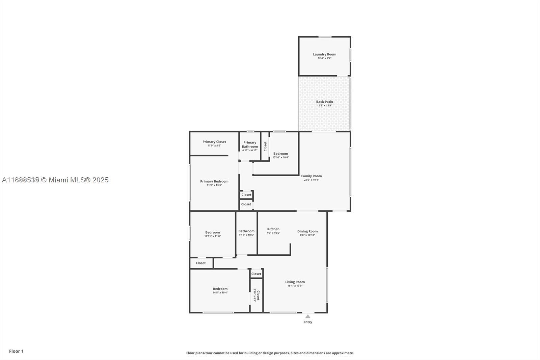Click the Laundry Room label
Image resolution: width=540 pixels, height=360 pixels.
324,54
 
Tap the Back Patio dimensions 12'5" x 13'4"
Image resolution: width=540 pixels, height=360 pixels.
324,105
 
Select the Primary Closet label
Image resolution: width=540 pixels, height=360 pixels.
214,142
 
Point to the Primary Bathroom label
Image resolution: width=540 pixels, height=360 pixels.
250,145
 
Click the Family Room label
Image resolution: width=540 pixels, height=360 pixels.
311,176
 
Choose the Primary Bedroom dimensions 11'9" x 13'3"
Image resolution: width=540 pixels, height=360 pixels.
214,185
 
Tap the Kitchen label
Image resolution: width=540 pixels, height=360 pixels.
273,229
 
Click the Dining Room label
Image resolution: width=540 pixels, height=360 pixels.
307,231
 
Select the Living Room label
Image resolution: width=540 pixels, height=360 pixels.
295,282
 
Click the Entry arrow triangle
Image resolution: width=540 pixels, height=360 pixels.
307,316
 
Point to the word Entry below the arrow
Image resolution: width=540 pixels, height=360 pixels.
307,322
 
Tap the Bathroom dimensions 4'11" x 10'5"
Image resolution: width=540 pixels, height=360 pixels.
246,235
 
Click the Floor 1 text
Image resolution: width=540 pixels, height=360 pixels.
16,351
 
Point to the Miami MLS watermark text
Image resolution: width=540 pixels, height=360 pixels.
55,180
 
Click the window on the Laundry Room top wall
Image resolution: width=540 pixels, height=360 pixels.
325,37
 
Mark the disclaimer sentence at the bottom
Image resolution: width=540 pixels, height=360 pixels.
270,353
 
